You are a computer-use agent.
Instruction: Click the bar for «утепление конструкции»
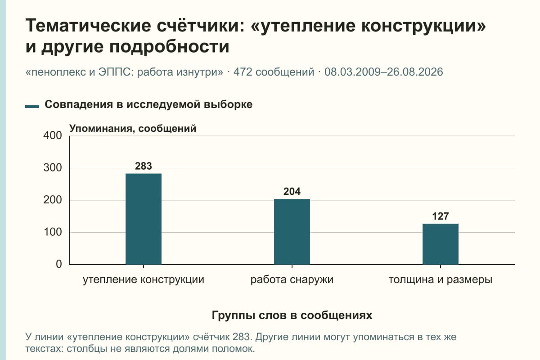pyautogui.click(x=144, y=219)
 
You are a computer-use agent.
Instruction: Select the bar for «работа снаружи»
pyautogui.click(x=292, y=232)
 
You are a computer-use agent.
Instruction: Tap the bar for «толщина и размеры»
pyautogui.click(x=441, y=244)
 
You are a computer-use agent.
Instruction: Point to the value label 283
pyautogui.click(x=144, y=166)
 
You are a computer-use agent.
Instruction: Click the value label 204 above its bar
pyautogui.click(x=292, y=191)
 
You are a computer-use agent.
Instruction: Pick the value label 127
pyautogui.click(x=441, y=216)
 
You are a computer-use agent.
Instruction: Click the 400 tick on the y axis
pyautogui.click(x=53, y=135)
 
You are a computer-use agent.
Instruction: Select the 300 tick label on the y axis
pyautogui.click(x=53, y=168)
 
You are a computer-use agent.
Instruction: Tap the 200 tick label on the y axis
pyautogui.click(x=53, y=200)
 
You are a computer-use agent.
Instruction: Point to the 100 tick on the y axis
pyautogui.click(x=53, y=232)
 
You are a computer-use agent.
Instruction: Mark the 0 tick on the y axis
pyautogui.click(x=59, y=265)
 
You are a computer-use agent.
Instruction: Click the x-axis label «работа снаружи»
pyautogui.click(x=292, y=280)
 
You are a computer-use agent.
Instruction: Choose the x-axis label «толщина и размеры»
pyautogui.click(x=441, y=280)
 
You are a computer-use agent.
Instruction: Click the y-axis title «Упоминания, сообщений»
pyautogui.click(x=133, y=129)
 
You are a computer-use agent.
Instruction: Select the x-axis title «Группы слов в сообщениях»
pyautogui.click(x=292, y=315)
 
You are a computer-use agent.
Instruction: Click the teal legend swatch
pyautogui.click(x=32, y=107)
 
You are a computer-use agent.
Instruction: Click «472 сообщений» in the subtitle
pyautogui.click(x=274, y=72)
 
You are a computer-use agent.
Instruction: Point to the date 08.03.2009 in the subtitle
pyautogui.click(x=352, y=72)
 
